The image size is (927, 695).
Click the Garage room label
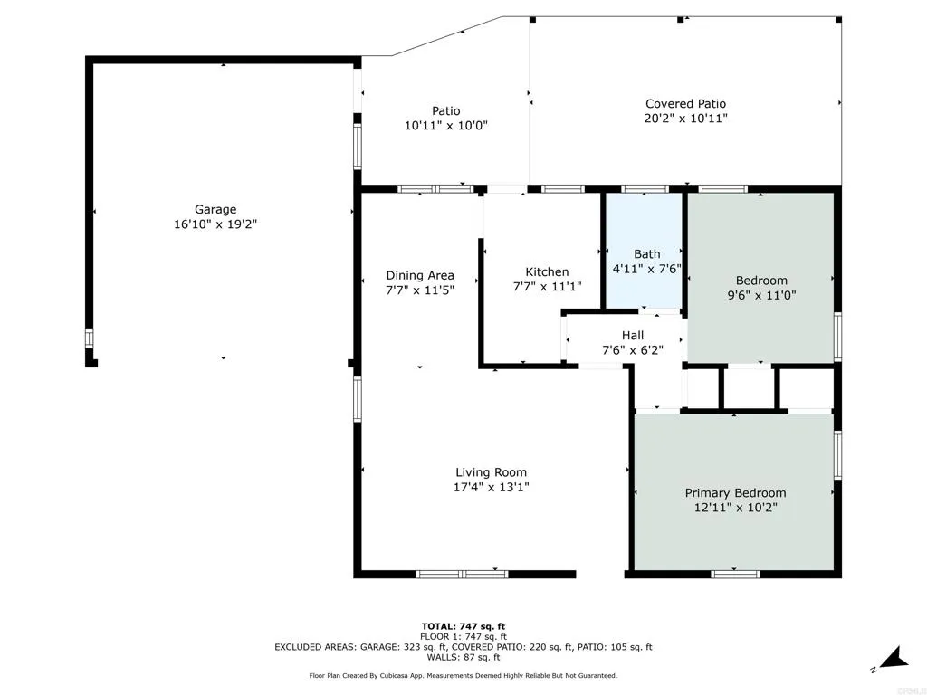[x=215, y=209]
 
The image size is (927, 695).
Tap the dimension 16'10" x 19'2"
[x=215, y=224]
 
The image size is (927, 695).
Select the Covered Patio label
[x=685, y=104]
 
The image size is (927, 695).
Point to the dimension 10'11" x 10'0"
[x=445, y=127]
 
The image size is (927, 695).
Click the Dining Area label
[x=420, y=275]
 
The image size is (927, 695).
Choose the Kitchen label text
[x=547, y=271]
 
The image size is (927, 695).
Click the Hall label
[x=632, y=335]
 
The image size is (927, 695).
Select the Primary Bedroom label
[x=735, y=493]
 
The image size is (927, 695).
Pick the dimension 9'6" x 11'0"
[x=760, y=295]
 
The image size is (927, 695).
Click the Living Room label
[x=491, y=472]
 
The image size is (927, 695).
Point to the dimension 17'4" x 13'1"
[x=491, y=487]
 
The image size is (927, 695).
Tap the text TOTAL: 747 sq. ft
[x=463, y=626]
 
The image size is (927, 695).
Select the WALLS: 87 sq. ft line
[x=463, y=658]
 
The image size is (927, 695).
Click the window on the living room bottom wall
[x=462, y=574]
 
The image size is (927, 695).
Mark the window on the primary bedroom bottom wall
[x=735, y=574]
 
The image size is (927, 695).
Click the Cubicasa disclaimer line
[x=463, y=675]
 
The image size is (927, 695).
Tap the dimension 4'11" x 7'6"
[x=646, y=268]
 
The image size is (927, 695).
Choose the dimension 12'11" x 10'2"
[x=735, y=508]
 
